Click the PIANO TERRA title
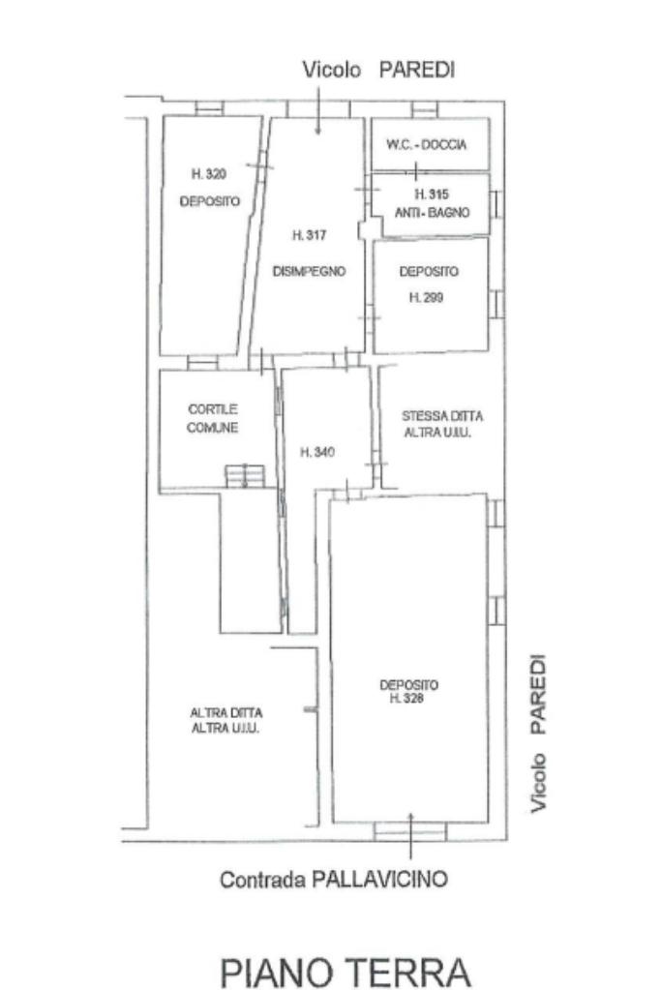click(x=345, y=973)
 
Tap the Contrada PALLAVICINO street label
click(x=333, y=879)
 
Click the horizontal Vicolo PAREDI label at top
click(x=378, y=70)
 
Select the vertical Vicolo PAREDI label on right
click(x=537, y=734)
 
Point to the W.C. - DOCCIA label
click(x=427, y=144)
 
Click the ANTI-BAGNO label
click(x=432, y=213)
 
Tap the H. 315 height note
click(x=432, y=195)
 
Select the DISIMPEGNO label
click(x=309, y=272)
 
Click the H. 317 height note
click(x=309, y=235)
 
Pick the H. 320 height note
click(x=209, y=173)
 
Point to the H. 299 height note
click(x=426, y=297)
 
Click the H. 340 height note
click(x=316, y=452)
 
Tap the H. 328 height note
click(x=407, y=699)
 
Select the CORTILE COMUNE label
click(x=213, y=419)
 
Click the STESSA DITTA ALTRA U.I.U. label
click(x=442, y=424)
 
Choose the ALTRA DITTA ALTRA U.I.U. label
click(x=226, y=720)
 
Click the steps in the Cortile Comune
click(x=245, y=476)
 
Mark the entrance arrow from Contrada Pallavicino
click(x=411, y=836)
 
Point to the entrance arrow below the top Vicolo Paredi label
click(x=317, y=110)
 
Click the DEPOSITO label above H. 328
click(x=408, y=684)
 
